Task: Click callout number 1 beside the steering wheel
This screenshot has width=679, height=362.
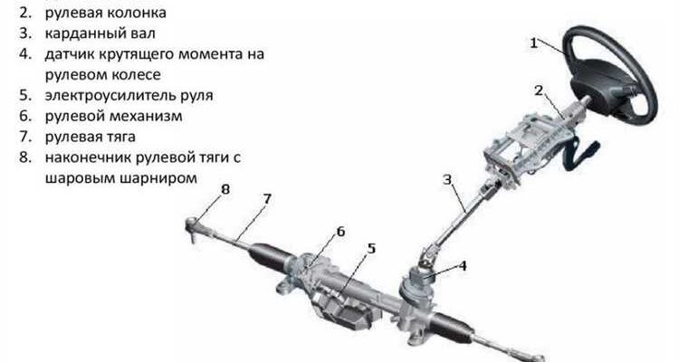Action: click(x=534, y=43)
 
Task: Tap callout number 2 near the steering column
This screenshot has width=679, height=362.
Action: click(x=539, y=90)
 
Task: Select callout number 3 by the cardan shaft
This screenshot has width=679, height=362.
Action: click(x=447, y=179)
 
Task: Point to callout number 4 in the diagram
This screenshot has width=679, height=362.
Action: click(x=463, y=265)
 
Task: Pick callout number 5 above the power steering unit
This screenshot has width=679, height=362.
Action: click(x=371, y=249)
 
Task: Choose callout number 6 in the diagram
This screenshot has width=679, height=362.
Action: click(x=340, y=232)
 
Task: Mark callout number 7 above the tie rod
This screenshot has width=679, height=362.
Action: click(x=267, y=199)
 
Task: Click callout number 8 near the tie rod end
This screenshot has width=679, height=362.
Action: click(x=225, y=189)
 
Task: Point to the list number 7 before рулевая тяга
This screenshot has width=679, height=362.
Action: click(x=25, y=137)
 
